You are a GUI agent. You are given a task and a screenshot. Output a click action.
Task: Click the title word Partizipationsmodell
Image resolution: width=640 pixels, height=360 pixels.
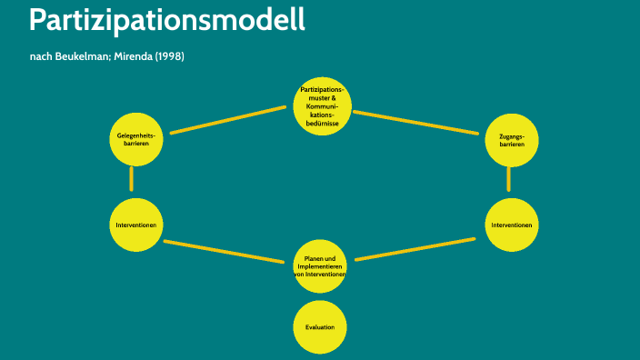(x=167, y=20)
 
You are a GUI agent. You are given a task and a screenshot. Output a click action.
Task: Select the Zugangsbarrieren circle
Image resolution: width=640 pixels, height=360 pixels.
(x=512, y=140)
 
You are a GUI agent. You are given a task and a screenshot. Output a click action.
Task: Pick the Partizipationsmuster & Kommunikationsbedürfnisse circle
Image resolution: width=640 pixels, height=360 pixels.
(x=322, y=106)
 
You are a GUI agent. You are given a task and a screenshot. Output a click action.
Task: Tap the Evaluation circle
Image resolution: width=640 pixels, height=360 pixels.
(x=320, y=326)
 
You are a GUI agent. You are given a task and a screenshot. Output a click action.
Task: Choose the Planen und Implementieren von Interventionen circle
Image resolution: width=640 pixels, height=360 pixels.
(x=320, y=266)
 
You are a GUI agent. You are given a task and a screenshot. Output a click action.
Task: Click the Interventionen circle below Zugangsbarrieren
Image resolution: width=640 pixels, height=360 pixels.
(x=512, y=225)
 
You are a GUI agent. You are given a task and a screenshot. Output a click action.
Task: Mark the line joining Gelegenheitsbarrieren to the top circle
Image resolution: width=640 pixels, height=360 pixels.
(x=228, y=120)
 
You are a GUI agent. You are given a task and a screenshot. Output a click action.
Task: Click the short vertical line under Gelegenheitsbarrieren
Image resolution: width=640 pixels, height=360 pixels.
(x=132, y=178)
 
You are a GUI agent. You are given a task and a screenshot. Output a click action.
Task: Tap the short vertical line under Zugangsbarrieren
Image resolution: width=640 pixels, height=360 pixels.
(x=508, y=180)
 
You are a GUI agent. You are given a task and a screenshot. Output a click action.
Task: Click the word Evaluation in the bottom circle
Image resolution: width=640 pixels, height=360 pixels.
(x=320, y=326)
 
